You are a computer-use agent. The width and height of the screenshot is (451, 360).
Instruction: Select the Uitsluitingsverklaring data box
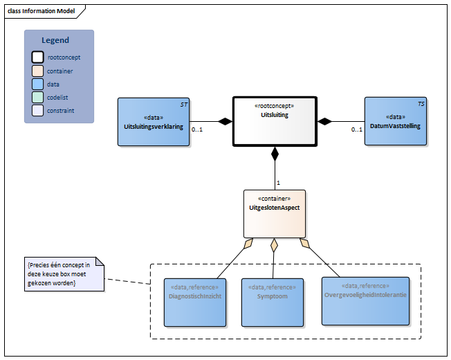[154, 122]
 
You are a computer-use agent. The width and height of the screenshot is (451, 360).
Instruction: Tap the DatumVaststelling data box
[395, 121]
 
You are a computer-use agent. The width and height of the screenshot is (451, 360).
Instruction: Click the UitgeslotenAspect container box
[274, 213]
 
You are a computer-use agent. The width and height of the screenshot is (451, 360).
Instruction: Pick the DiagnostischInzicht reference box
[194, 302]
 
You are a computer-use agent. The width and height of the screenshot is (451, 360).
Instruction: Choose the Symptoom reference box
[272, 302]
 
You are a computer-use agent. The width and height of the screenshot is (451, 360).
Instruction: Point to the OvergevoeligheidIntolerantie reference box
[365, 300]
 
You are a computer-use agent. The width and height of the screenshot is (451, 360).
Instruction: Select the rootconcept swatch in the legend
[38, 57]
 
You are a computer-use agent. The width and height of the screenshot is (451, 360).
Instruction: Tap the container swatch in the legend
[38, 71]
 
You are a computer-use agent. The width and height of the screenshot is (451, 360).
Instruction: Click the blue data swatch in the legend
[38, 84]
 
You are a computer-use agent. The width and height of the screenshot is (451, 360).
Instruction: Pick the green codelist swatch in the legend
[38, 97]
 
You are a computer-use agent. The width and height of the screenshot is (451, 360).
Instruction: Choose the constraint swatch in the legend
[38, 110]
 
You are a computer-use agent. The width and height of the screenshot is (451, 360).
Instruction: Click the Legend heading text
[55, 40]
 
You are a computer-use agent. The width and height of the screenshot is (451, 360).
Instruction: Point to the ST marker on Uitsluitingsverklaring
[184, 104]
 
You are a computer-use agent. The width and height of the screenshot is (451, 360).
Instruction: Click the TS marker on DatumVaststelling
[421, 104]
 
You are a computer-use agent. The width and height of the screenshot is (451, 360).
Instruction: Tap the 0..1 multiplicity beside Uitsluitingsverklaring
[197, 130]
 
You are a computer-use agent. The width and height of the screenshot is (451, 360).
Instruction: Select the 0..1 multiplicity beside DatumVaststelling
[356, 130]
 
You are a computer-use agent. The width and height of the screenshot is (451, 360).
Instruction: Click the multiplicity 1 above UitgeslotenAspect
[279, 183]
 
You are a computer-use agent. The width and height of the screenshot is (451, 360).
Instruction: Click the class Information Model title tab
[42, 11]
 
